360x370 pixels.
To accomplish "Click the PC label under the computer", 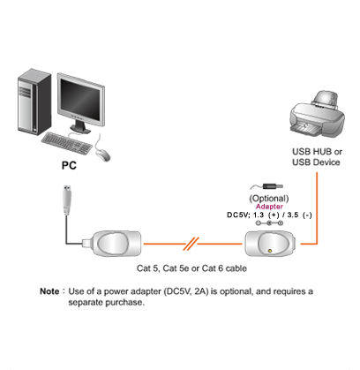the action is (69, 165).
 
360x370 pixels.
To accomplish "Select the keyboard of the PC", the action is (67, 143).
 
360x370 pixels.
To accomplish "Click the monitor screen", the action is (80, 99).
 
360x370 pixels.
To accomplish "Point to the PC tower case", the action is (34, 102).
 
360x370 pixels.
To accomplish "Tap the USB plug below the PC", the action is (67, 200).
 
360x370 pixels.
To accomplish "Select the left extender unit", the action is (114, 244).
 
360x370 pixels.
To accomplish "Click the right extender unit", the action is (270, 244).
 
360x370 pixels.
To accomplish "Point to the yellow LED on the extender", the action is (270, 251).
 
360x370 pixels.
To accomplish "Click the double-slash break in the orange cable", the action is (191, 244).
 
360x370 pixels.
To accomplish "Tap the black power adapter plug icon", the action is (273, 186).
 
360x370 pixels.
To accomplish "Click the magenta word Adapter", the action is (269, 207).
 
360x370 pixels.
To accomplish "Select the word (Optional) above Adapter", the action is (269, 199).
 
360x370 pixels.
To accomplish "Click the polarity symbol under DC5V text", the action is (269, 223).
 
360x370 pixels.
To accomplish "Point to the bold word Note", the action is (49, 291).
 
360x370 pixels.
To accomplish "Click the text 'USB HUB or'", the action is (317, 152).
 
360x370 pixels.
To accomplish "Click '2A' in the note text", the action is (199, 291).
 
